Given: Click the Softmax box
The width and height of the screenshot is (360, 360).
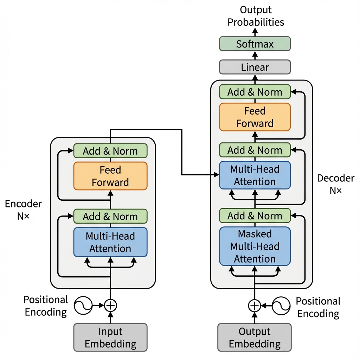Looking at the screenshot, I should tap(255, 44).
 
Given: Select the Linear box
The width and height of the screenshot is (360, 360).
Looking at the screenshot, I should tap(255, 67).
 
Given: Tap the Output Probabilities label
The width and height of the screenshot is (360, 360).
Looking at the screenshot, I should tap(256, 16).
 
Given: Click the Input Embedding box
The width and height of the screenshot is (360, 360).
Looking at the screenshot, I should tap(110, 337).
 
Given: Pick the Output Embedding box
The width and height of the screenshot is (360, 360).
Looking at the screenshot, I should tap(255, 337).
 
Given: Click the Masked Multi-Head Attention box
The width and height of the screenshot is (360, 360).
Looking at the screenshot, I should tap(255, 246).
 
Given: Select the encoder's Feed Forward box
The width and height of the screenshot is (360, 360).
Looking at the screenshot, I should tap(110, 176).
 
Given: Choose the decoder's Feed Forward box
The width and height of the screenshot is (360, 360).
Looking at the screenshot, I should tap(255, 117).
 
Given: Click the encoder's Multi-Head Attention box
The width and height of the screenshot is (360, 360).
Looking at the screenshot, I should tap(110, 242).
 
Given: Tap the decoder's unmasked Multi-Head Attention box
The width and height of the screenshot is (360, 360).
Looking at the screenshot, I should tap(255, 175).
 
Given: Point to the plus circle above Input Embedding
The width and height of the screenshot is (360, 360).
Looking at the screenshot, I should tap(110, 306).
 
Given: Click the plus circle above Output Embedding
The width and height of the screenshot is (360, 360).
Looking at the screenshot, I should tap(255, 306).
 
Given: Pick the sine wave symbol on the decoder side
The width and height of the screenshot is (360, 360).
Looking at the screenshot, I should tap(282, 306).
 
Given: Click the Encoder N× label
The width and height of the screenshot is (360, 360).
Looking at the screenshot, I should tap(23, 210).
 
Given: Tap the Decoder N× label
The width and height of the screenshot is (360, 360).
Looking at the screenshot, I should tap(336, 184).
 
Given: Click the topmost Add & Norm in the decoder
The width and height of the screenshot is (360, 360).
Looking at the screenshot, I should tap(255, 92).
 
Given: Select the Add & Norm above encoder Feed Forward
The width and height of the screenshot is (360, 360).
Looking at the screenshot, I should tap(110, 151).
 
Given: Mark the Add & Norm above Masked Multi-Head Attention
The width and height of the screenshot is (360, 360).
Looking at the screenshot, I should tap(255, 216).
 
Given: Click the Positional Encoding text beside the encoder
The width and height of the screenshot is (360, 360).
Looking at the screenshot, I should tap(45, 306).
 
